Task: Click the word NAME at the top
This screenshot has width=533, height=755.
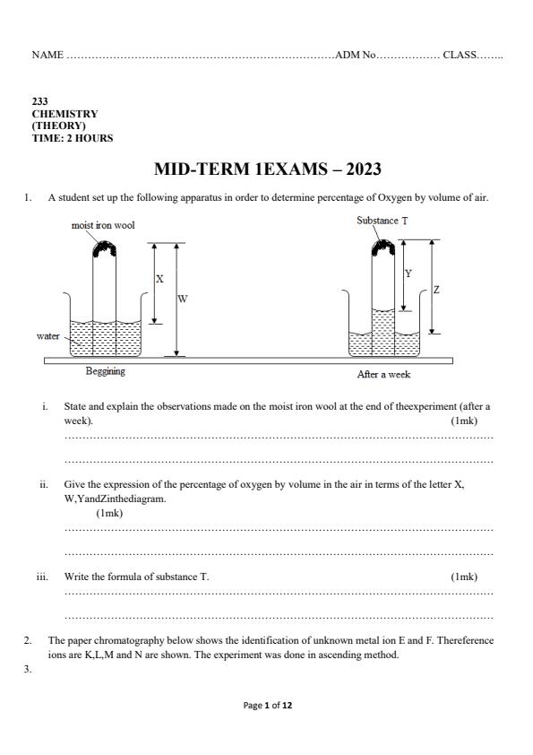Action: (x=47, y=56)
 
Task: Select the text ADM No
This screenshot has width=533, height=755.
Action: (x=355, y=56)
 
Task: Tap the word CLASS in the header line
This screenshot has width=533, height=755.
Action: (x=459, y=56)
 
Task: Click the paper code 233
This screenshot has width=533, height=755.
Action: (x=40, y=103)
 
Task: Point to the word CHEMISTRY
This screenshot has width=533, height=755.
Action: (x=65, y=115)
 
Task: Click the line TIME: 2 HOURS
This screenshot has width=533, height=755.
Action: (x=73, y=138)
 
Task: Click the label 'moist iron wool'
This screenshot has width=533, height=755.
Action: (x=103, y=225)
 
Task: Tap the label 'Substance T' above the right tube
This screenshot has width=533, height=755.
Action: (x=383, y=221)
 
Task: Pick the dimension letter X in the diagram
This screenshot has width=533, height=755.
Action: (x=160, y=279)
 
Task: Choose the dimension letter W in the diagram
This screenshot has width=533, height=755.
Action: (x=183, y=299)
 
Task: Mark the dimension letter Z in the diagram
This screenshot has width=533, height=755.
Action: (x=436, y=290)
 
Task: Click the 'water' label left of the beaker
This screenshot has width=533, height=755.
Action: (x=47, y=336)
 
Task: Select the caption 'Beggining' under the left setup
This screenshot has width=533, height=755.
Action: (x=106, y=370)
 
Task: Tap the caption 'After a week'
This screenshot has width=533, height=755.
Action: (x=383, y=374)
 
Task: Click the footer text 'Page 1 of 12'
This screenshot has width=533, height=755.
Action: (x=268, y=706)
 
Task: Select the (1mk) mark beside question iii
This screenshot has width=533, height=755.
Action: (x=464, y=577)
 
